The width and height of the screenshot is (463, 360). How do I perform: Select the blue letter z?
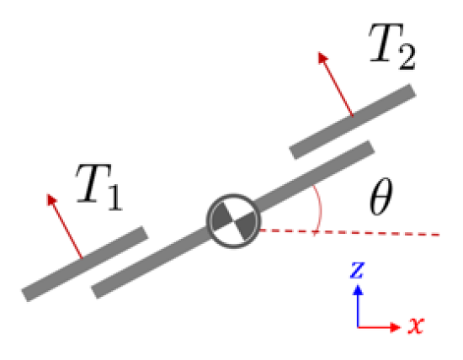click(358, 270)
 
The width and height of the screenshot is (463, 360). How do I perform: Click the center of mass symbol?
click(231, 220)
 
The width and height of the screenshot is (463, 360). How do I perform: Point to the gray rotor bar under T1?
click(85, 263)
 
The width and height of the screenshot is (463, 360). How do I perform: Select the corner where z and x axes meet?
click(359, 326)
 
